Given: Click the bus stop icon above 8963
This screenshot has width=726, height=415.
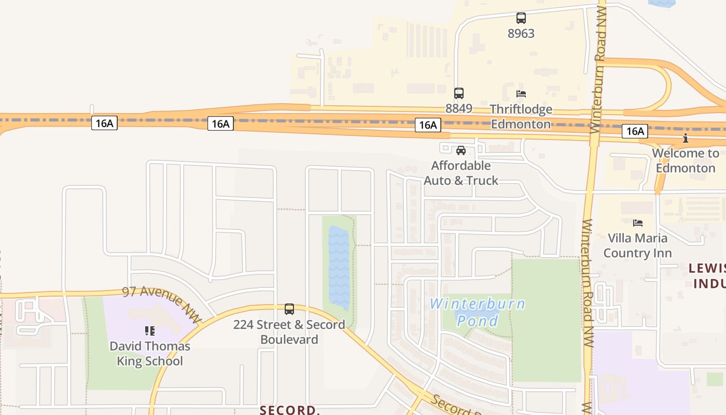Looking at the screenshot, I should [x=521, y=18].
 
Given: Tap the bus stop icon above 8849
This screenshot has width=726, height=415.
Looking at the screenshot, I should [x=459, y=93].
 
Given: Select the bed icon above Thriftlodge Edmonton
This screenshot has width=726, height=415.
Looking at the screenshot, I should [x=521, y=94].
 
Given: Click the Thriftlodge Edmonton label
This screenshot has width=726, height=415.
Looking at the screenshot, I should [x=521, y=117].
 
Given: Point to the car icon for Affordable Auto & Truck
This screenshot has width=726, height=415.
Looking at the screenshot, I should [x=460, y=150].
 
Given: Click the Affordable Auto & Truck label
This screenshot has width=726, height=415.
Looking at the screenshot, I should [x=461, y=173].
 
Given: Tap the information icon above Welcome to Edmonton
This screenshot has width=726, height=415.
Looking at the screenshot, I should [x=686, y=138].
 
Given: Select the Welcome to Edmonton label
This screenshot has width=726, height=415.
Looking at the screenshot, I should [x=686, y=160].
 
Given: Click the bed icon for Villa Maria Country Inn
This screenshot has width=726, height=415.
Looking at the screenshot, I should [x=638, y=223].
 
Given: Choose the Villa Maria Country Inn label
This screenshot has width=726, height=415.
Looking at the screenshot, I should [x=638, y=245].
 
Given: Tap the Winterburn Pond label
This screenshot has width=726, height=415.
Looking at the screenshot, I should [x=478, y=312].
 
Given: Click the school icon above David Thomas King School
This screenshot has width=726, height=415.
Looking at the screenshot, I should [x=150, y=331].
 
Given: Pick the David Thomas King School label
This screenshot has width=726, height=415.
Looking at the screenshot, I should [x=150, y=353].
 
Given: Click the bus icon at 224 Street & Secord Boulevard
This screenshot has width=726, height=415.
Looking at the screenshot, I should [x=289, y=309].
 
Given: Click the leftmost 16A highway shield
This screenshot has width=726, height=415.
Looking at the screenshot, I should [x=104, y=123].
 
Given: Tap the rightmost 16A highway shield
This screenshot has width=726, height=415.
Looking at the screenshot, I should [x=635, y=131].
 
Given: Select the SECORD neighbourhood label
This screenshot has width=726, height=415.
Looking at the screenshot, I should [x=289, y=410].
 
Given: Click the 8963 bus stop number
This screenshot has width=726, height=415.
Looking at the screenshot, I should [x=521, y=33].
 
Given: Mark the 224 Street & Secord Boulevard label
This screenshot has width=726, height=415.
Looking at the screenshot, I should [x=289, y=332].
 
